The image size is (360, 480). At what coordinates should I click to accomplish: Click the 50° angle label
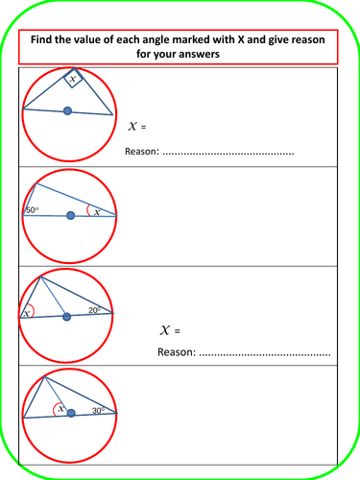click(32, 210)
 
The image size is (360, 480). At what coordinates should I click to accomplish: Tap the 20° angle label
click(93, 309)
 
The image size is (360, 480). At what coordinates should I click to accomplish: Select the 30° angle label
click(99, 410)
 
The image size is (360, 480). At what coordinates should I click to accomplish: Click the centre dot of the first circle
click(67, 112)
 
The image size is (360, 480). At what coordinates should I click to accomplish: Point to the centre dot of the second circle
click(70, 216)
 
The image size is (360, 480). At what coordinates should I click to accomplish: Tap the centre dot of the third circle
click(65, 316)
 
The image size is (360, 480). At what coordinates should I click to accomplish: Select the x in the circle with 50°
click(96, 211)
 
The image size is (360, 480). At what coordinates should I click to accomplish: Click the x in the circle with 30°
click(60, 408)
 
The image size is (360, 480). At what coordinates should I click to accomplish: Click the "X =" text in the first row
click(140, 126)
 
